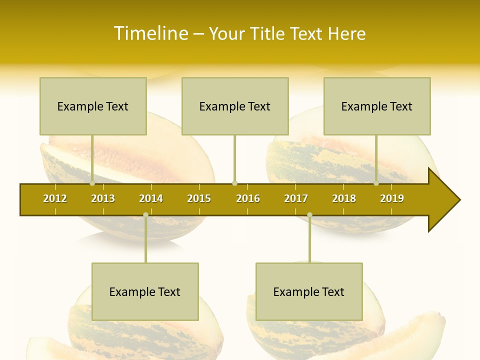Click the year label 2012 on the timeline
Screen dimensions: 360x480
coord(55,198)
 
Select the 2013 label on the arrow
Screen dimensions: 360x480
coord(103,198)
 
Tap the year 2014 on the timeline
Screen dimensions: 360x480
coord(151,198)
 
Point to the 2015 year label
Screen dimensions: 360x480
coord(199,198)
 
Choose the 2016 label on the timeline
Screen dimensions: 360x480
coord(248,198)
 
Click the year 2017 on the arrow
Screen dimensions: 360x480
coord(296,198)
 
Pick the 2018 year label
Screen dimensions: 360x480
coord(344,198)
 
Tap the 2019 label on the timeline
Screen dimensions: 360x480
coord(392,198)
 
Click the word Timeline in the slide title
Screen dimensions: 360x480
coord(150,33)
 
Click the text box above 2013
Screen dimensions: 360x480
coord(93,106)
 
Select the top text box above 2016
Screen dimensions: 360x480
coord(235,106)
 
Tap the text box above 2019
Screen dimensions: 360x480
coord(377,106)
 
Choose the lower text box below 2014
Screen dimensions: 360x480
coord(145,291)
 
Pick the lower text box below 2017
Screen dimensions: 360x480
coord(309,291)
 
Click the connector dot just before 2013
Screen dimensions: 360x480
coord(92,183)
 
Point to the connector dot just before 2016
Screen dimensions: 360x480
coord(234,183)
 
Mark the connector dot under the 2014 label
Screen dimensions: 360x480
coord(145,215)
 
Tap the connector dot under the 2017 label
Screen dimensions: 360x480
coord(309,215)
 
